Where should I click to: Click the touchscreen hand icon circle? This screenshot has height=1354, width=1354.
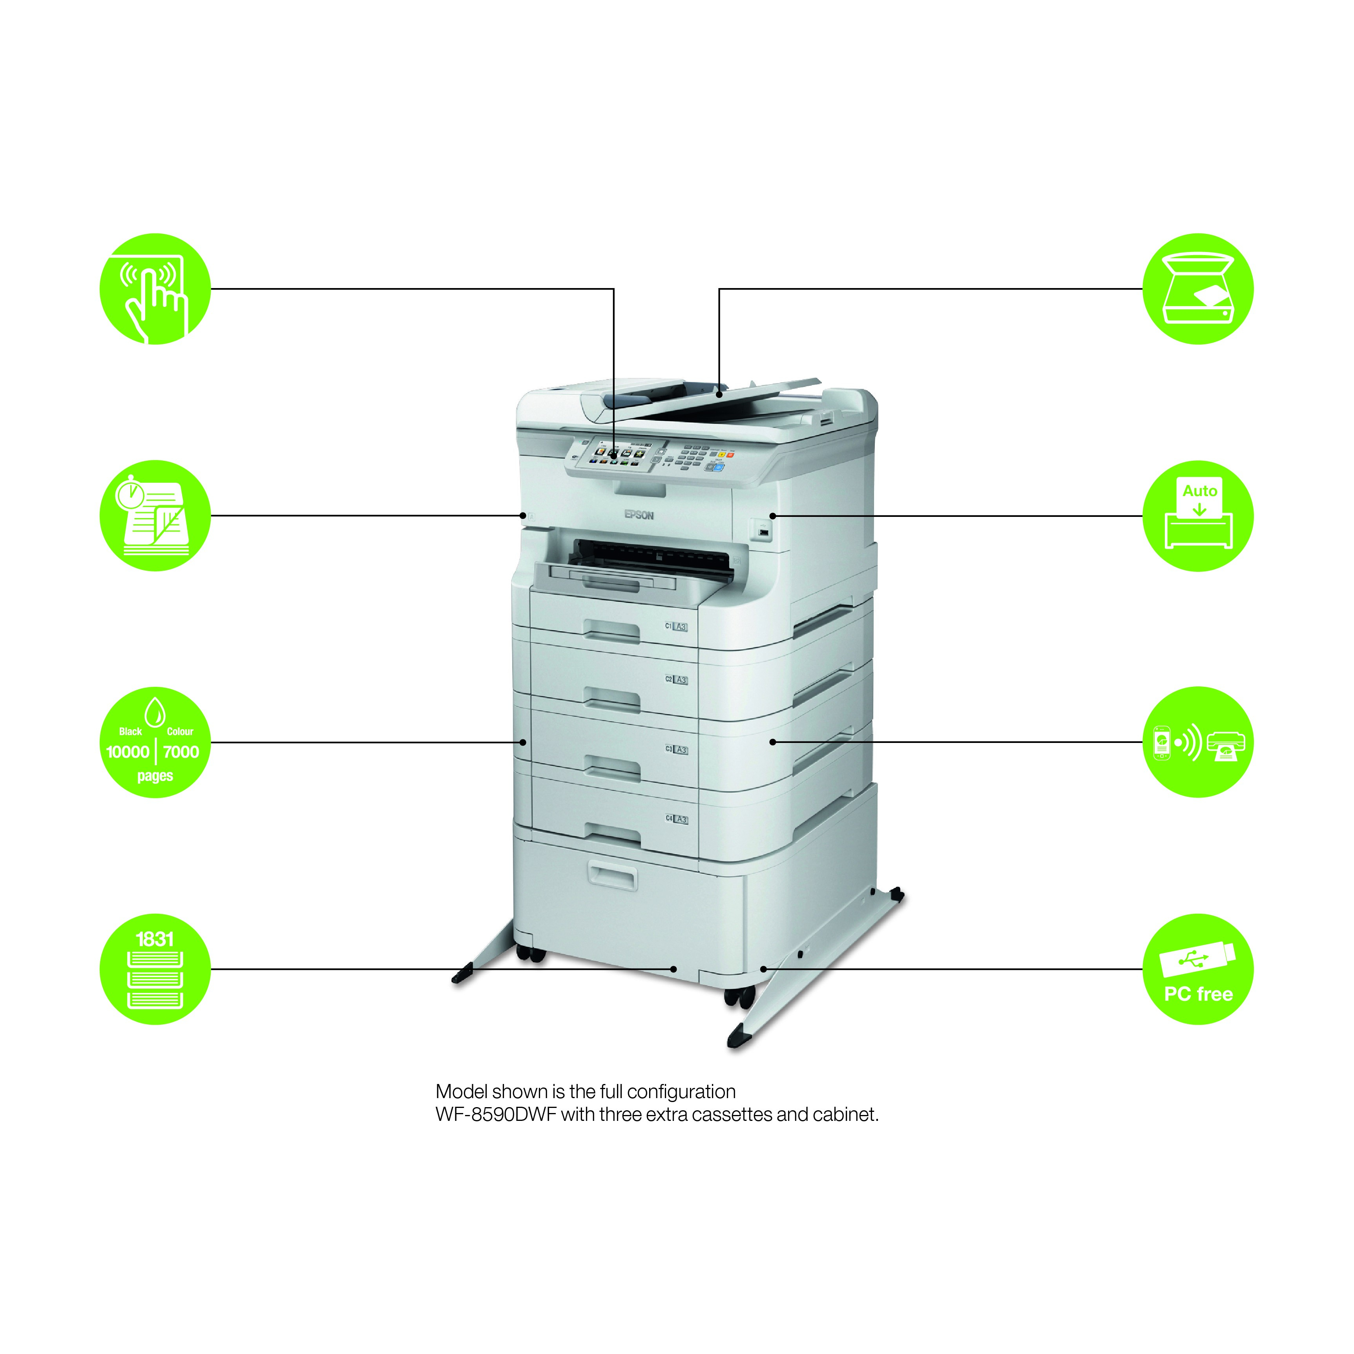click(x=155, y=289)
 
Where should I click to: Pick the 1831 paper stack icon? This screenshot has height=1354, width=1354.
click(x=155, y=969)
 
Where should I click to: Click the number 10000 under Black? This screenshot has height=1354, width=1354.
click(x=128, y=752)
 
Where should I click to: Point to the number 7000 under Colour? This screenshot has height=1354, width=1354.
click(x=181, y=752)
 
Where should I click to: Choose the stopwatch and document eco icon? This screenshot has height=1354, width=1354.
click(x=155, y=516)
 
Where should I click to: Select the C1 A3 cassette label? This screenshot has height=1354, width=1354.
click(x=676, y=626)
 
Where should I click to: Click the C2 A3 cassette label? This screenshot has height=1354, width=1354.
click(x=676, y=680)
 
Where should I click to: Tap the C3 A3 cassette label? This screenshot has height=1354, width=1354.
click(x=676, y=750)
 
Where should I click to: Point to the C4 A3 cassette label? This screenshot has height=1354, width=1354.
click(x=676, y=819)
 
